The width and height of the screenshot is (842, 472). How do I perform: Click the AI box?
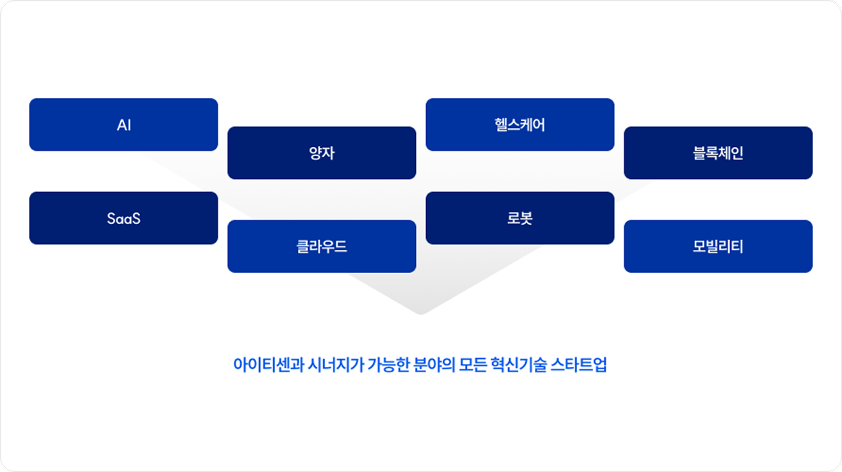124,125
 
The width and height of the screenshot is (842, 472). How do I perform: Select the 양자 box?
322,153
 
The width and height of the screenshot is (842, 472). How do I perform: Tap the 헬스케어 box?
520,125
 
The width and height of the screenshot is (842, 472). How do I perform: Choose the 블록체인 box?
718,153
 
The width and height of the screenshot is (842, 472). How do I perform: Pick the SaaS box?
124,218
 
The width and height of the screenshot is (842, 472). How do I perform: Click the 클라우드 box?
322,246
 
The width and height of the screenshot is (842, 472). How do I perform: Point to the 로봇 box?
520,218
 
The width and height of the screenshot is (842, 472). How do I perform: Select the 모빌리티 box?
718,246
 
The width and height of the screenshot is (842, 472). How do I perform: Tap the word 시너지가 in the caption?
336,365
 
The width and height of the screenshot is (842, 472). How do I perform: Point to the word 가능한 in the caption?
388,365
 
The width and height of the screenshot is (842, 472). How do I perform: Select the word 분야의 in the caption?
434,365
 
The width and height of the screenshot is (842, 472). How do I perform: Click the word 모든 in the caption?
472,365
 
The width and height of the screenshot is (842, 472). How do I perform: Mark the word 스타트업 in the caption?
579,365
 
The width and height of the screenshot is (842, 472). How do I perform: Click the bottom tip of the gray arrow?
421,314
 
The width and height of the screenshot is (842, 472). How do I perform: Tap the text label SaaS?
124,219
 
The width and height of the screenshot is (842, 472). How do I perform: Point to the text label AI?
124,125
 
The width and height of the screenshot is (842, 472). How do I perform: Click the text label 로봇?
520,218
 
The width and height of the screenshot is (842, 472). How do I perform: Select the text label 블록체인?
718,153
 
